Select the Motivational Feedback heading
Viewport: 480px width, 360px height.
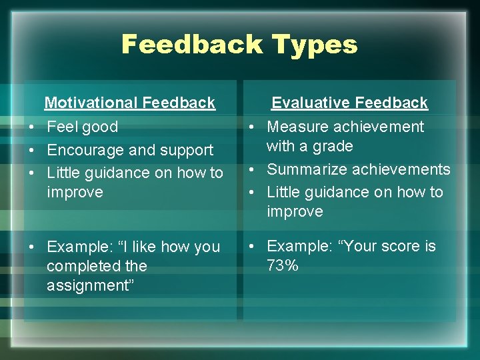click(129, 103)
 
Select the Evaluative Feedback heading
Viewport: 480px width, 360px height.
click(349, 103)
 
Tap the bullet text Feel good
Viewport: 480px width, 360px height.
click(82, 127)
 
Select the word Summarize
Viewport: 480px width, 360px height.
click(305, 169)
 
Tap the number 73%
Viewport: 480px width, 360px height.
click(283, 266)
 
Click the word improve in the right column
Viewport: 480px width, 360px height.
click(295, 211)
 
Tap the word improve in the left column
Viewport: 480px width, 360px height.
click(75, 192)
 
